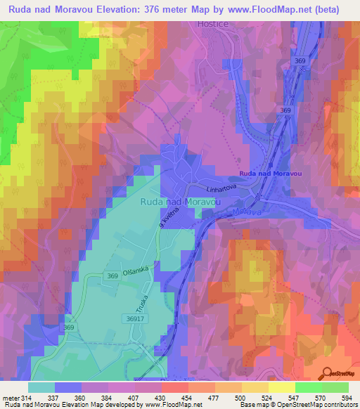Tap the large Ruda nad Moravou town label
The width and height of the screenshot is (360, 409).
(x=181, y=201)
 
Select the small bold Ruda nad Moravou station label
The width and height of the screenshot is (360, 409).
(x=269, y=174)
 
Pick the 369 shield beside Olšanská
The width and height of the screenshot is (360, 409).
(x=112, y=277)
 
